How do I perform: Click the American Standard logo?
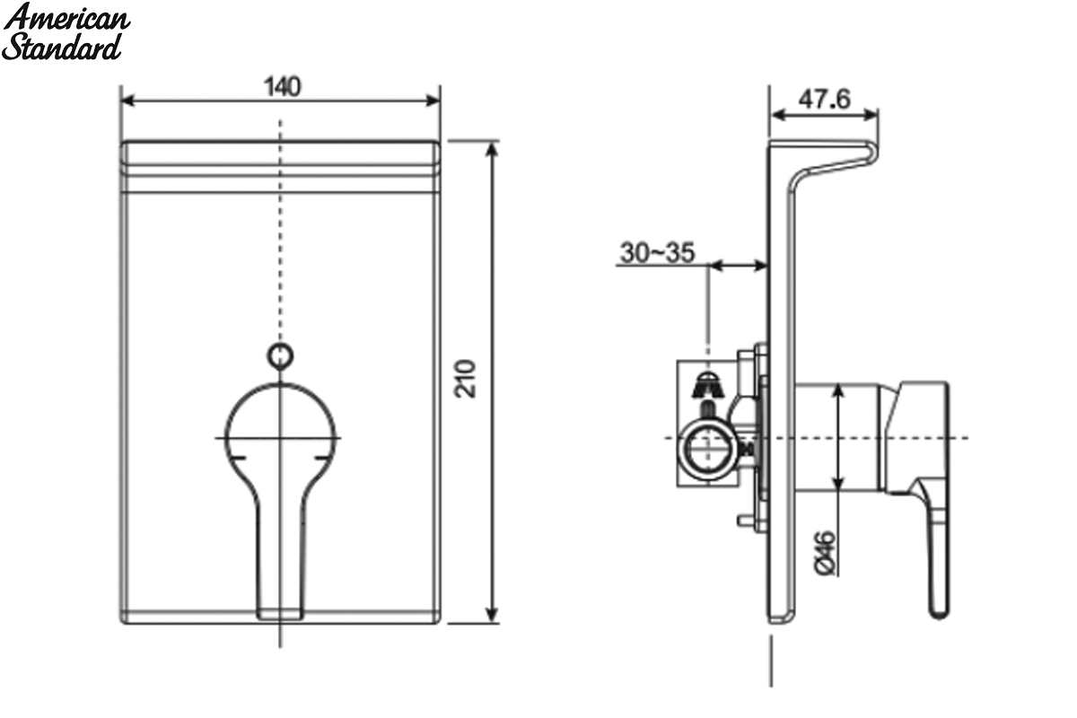coord(66,32)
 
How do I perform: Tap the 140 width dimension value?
coord(282,87)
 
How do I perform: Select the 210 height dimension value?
coord(465,379)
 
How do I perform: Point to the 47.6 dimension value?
coord(824,99)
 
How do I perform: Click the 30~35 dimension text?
coord(657,252)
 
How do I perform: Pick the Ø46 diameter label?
coord(825,553)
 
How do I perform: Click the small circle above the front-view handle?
coord(280,356)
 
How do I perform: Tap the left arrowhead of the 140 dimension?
coord(127,101)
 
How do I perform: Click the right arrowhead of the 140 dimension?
coord(433,101)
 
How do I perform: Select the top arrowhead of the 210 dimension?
coord(491,149)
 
